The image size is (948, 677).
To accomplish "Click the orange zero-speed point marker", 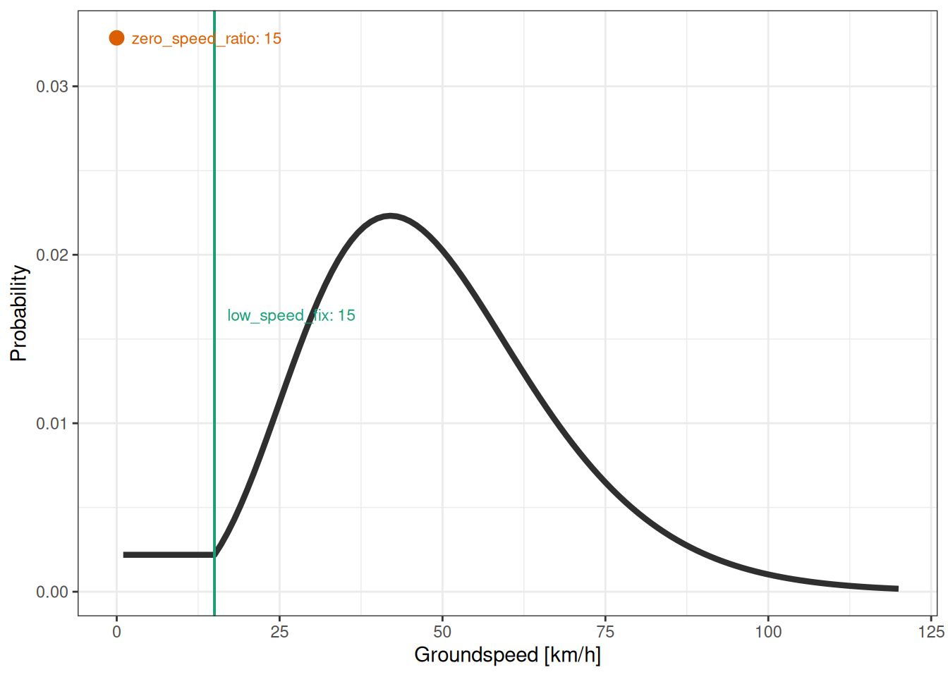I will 117,38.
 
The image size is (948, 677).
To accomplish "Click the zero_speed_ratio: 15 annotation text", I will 206,39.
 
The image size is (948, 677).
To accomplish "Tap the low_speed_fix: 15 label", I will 291,315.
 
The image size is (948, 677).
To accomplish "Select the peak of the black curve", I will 390,216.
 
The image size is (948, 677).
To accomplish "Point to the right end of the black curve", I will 897,588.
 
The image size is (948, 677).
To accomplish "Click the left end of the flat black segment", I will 125,555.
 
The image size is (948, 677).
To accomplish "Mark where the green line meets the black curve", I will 214,554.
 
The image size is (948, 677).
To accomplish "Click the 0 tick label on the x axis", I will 117,632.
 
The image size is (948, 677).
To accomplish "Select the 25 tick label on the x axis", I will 279,632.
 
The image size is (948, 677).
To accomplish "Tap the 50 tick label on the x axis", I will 442,632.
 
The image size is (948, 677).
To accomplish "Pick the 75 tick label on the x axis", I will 605,632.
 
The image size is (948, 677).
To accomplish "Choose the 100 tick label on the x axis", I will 768,632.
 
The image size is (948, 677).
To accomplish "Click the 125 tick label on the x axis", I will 931,632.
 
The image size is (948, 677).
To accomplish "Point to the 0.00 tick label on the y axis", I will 52,592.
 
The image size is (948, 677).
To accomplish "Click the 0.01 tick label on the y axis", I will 52,423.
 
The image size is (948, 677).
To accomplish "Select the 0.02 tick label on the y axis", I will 52,255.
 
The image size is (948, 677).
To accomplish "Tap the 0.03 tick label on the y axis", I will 52,86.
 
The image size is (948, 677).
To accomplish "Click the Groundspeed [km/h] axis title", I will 507,655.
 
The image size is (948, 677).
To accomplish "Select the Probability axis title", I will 19,313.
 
